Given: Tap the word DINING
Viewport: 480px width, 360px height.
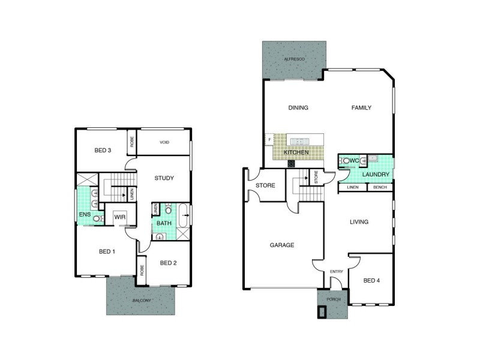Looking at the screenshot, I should [x=298, y=108].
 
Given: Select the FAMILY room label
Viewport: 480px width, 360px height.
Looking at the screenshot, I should [x=361, y=108].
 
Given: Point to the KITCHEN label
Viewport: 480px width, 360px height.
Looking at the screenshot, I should [x=298, y=153].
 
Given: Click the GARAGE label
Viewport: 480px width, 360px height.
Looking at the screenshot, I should [x=281, y=245].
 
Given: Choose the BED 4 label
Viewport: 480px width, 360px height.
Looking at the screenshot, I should [x=372, y=280].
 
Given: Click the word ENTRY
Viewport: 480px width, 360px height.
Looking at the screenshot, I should [x=337, y=272].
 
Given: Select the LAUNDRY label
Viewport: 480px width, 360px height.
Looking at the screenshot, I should [x=377, y=175].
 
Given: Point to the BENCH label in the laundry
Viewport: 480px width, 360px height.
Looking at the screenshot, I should [x=380, y=188].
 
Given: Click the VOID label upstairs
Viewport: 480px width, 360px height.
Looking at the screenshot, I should [x=164, y=142].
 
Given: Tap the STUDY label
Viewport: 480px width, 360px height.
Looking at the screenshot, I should [x=164, y=178].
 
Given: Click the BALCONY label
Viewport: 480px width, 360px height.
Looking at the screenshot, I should [x=142, y=300].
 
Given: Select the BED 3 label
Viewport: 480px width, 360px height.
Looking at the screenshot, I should [x=103, y=150].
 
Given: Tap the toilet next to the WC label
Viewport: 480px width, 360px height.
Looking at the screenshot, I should [x=347, y=161].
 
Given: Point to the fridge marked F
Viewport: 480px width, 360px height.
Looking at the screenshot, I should [x=269, y=140].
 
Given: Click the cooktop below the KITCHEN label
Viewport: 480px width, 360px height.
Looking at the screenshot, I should [x=291, y=163].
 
